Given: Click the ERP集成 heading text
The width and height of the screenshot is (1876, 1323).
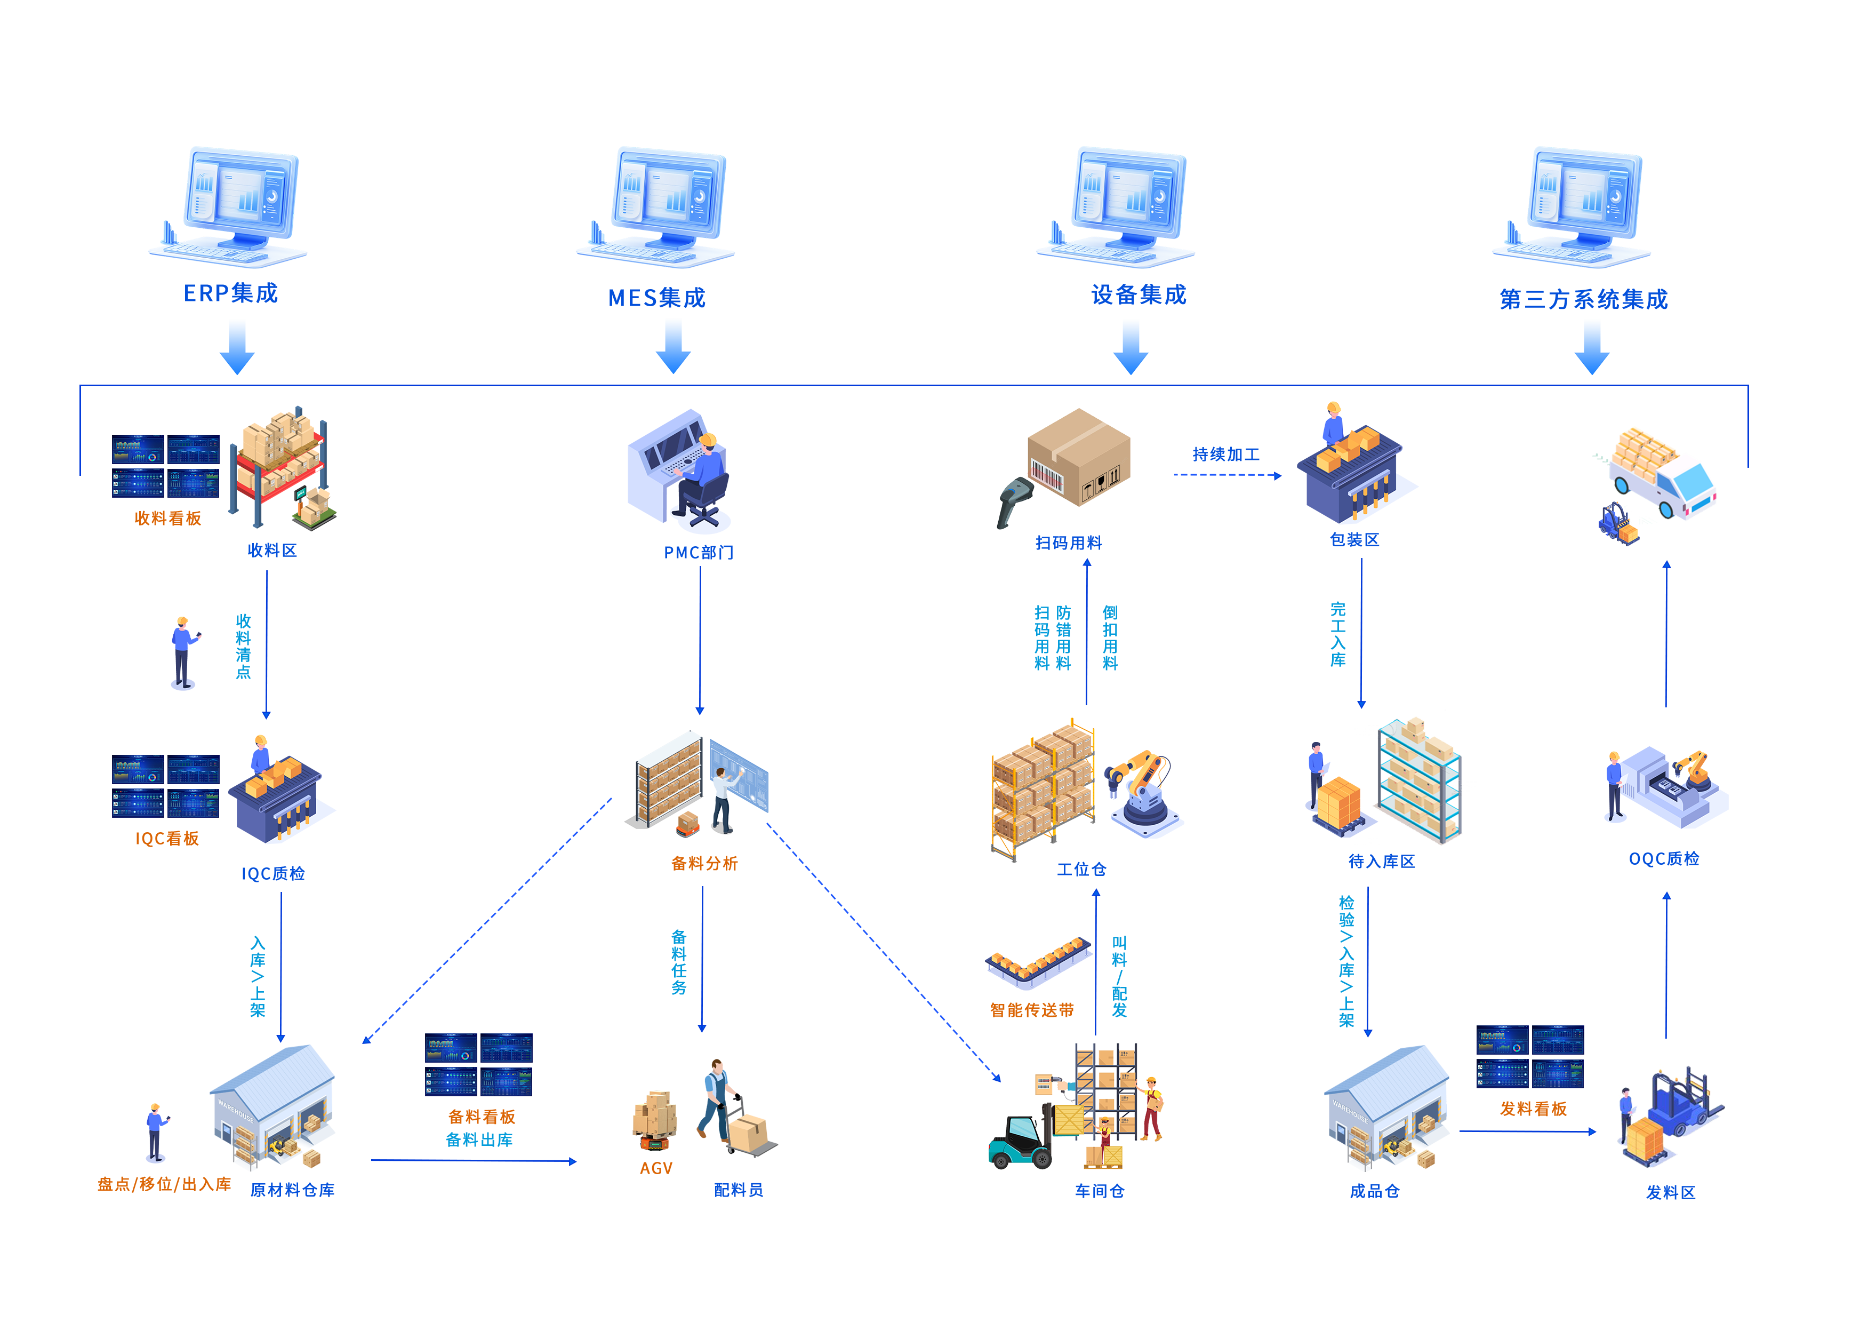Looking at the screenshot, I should coord(230,293).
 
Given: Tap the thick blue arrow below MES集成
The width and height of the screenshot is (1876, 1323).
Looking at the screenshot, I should coord(674,345).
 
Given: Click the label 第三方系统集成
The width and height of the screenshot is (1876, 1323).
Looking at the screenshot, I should coord(1583,299).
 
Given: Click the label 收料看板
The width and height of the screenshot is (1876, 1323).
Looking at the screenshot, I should coord(167,518).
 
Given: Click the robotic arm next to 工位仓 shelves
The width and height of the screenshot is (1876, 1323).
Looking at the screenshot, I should coord(1142,793).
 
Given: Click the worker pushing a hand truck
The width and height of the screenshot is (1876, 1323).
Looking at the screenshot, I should coord(719,1103).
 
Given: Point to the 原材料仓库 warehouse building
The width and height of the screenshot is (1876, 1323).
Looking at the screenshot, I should coord(274,1103).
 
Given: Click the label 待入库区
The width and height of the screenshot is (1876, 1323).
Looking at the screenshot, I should coord(1381,862).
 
